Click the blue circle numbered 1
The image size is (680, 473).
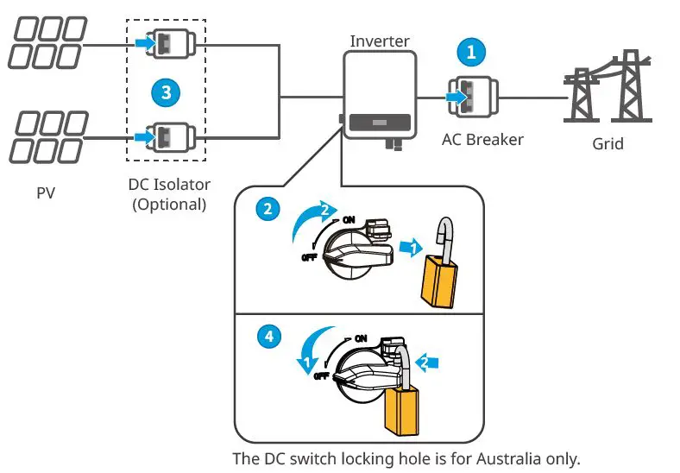click(x=470, y=52)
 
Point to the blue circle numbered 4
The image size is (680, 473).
click(x=269, y=337)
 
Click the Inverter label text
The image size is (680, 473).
click(x=380, y=41)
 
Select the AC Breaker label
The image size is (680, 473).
click(x=482, y=139)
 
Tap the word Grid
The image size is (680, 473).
click(x=608, y=143)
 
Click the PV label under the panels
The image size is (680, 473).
click(x=46, y=192)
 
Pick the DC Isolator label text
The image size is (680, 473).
click(x=169, y=185)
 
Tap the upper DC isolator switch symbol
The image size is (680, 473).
click(x=169, y=42)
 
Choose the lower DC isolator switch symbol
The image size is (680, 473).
click(x=169, y=136)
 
